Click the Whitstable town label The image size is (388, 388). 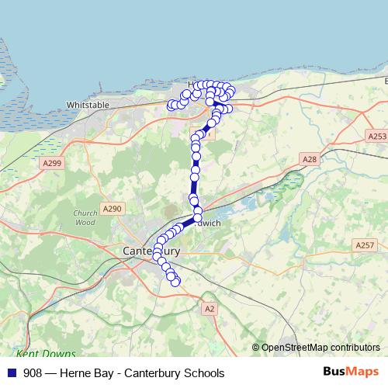(88, 103)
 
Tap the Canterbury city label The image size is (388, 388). (151, 251)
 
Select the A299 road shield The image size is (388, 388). (52, 163)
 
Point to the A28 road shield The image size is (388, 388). (310, 159)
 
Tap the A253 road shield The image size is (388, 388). (376, 136)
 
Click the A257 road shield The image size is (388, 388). (364, 245)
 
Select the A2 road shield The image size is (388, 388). (209, 308)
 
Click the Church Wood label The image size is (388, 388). (85, 217)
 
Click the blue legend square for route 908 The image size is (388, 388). (12, 372)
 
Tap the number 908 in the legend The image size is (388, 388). (33, 372)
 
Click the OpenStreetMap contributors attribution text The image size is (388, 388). (320, 347)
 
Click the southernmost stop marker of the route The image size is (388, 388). (175, 282)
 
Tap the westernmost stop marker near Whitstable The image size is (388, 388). (171, 104)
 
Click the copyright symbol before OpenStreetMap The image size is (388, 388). (256, 347)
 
